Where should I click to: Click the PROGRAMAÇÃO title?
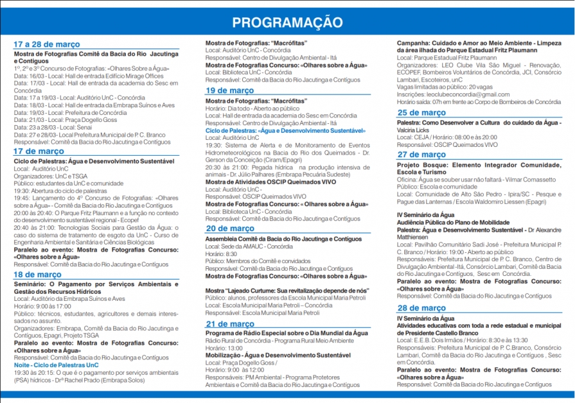[x=287, y=23]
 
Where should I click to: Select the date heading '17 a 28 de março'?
[x=47, y=45]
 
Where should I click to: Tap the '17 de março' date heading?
[x=39, y=151]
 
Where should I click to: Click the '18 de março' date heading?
[x=38, y=275]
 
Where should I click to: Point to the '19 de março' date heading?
[x=229, y=91]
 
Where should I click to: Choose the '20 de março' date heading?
[x=229, y=229]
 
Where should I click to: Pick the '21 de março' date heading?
[x=229, y=324]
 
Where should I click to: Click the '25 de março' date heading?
[x=421, y=113]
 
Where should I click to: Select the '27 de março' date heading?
[x=421, y=155]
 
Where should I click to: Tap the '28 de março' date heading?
[x=421, y=308]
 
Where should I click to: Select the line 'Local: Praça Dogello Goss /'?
[x=241, y=362]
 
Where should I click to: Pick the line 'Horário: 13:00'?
[x=224, y=347]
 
